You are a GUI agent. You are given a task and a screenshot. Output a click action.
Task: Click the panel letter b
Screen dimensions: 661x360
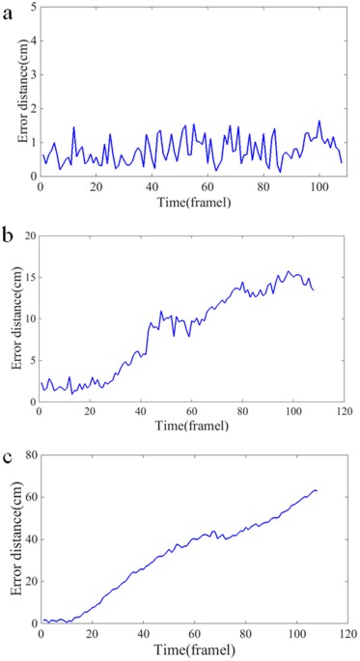[9, 234]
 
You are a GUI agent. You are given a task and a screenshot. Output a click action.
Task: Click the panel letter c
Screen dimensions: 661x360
[9, 457]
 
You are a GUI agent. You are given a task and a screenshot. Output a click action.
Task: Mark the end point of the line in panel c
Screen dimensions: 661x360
[317, 491]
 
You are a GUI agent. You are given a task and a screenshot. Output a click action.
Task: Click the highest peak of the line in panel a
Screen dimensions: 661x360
[319, 122]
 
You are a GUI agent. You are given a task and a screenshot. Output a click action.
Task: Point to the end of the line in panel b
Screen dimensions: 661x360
[314, 289]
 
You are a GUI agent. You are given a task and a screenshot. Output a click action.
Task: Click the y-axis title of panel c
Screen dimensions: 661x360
[14, 539]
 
